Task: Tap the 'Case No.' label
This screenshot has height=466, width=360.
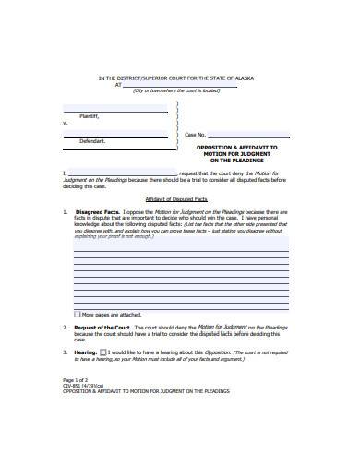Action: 196,135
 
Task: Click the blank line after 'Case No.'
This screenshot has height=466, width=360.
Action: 240,137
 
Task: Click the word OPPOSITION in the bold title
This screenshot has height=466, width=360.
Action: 215,147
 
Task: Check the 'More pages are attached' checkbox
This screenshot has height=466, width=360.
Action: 76,315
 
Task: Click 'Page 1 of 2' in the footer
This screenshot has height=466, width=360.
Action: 78,380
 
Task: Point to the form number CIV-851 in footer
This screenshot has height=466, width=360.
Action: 74,386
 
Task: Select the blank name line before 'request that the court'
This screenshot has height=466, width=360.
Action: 120,173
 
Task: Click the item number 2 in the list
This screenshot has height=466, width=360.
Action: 64,328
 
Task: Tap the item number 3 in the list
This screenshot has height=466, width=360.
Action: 64,352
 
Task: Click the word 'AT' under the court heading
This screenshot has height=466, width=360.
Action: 117,84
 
